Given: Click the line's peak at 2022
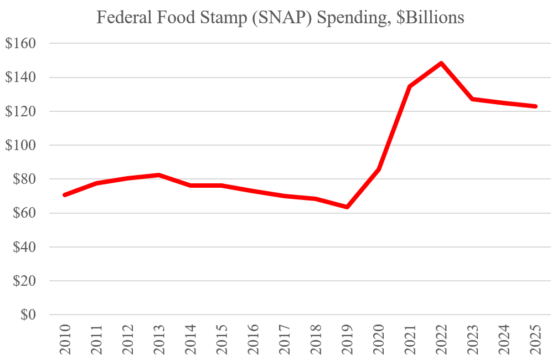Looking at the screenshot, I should pyautogui.click(x=441, y=63).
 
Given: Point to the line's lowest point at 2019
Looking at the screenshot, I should pyautogui.click(x=347, y=207).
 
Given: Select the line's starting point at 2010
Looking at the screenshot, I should pyautogui.click(x=65, y=195).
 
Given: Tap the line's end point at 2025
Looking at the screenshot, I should pyautogui.click(x=536, y=106).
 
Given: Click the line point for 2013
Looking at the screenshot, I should pyautogui.click(x=159, y=175).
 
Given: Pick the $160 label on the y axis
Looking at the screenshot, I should pyautogui.click(x=20, y=43).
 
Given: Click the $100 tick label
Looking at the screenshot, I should pyautogui.click(x=20, y=145).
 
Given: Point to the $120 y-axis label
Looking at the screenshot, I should pyautogui.click(x=20, y=111).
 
